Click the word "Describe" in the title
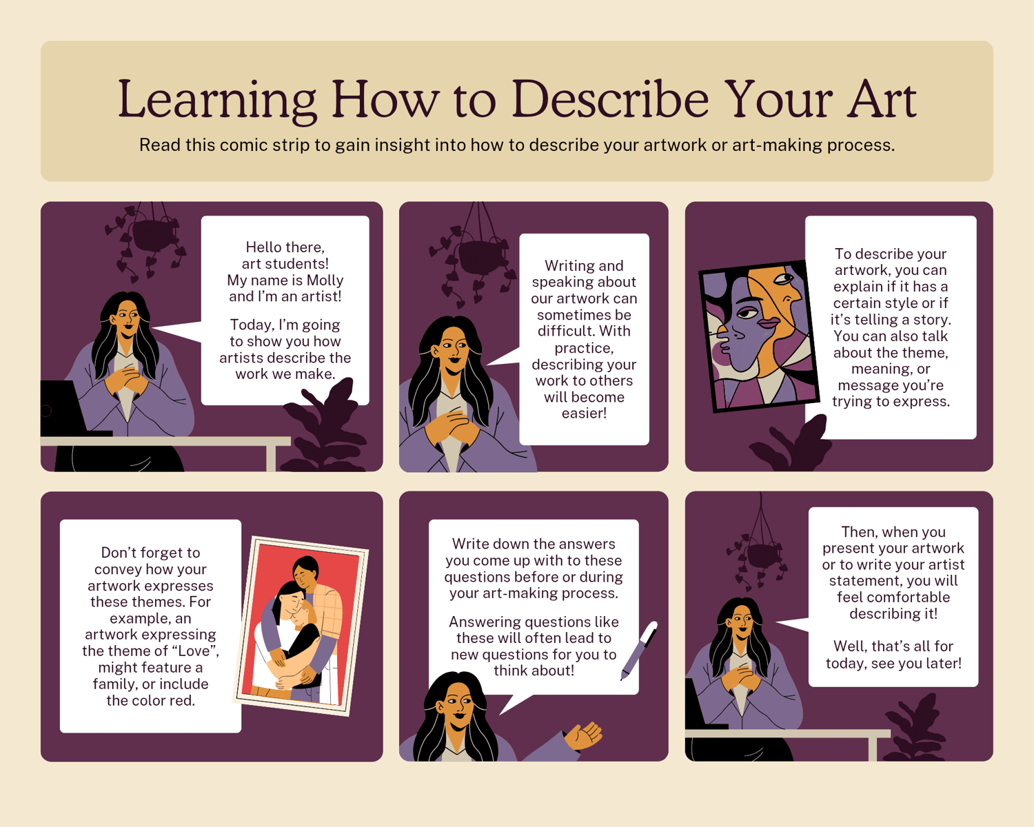[x=610, y=99]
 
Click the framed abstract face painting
[x=759, y=336]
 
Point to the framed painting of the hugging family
[x=301, y=626]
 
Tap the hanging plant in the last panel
[x=758, y=553]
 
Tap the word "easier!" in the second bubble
[x=585, y=413]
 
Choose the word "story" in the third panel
[x=933, y=320]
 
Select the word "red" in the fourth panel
[x=183, y=700]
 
